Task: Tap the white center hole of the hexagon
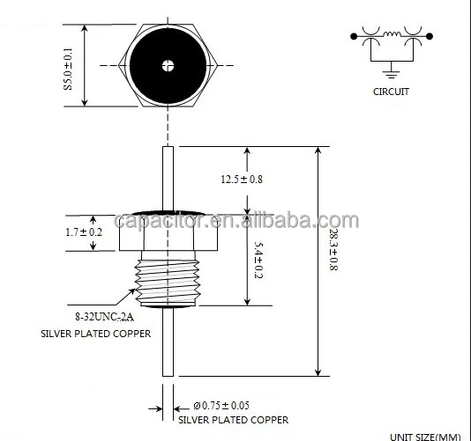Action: [x=167, y=64]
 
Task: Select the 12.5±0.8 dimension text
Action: [x=241, y=180]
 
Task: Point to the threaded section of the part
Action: [x=167, y=278]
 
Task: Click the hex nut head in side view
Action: [x=167, y=232]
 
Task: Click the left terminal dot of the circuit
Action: [x=355, y=36]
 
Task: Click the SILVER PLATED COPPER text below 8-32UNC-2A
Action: [x=94, y=334]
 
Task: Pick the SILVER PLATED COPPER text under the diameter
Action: [x=235, y=420]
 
